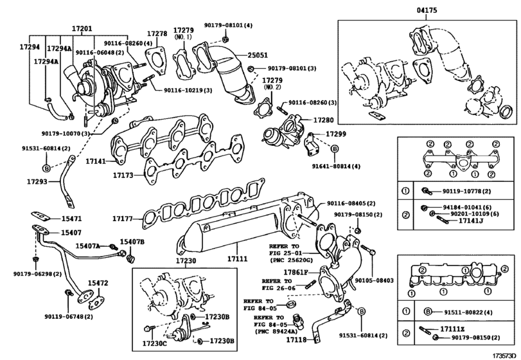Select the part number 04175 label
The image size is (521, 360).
[x=427, y=11]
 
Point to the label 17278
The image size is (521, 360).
[x=157, y=33]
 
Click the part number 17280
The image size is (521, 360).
[x=323, y=120]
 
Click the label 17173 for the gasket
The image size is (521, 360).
[x=125, y=174]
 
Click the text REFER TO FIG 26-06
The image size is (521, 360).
[x=278, y=285]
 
